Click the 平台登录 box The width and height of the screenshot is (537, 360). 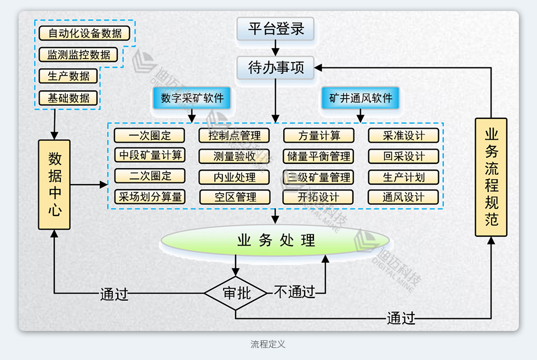coord(276,29)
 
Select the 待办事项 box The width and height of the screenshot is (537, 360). coord(276,68)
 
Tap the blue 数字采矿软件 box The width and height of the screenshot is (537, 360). coord(192,98)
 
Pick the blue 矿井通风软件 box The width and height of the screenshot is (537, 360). coord(361,98)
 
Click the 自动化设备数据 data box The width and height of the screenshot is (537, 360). coord(85,33)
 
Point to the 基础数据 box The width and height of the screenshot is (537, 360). coord(68,98)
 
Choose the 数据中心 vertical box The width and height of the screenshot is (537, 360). coord(54,185)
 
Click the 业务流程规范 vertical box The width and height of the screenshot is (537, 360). coord(491,177)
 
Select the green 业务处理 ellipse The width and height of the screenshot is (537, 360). coord(276,240)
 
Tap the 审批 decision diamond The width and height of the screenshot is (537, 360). coord(236,293)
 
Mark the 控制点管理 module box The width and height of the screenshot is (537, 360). coord(234,135)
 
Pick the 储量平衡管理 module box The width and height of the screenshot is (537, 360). coord(318,156)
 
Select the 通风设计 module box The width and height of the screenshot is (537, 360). coord(403,197)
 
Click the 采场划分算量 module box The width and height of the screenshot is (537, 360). coord(150,197)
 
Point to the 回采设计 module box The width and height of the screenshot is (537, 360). coord(403,156)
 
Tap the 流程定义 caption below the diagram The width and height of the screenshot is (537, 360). coord(268,344)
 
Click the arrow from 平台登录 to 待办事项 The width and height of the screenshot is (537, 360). coord(276,48)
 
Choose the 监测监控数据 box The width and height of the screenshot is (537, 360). coord(78,55)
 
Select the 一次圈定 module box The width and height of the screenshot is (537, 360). coord(150,135)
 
